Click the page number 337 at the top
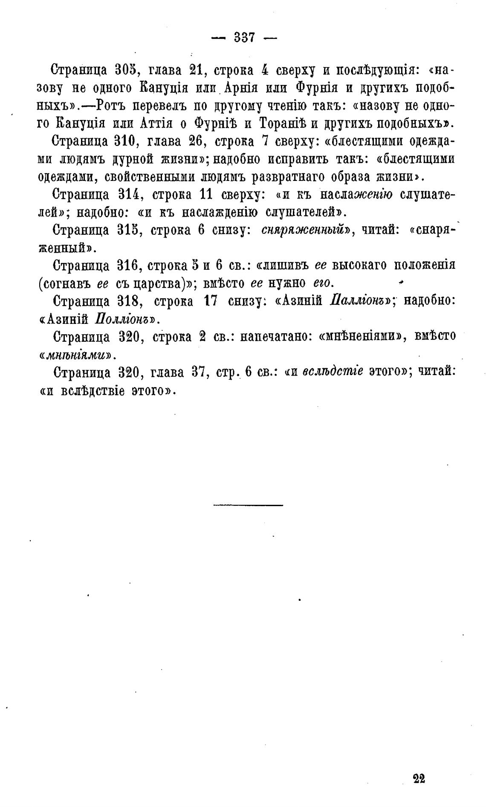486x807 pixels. point(244,38)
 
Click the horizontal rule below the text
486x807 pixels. point(248,506)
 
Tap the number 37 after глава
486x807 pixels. point(200,372)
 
